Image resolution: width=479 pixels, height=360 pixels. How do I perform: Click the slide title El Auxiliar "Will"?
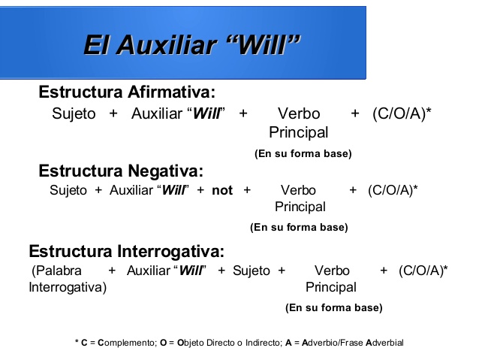click(x=191, y=44)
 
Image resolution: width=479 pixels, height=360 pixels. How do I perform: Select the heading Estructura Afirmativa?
click(x=127, y=92)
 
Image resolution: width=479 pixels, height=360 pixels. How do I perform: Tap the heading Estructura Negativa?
click(x=121, y=170)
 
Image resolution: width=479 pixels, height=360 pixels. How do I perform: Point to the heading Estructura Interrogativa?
click(x=126, y=251)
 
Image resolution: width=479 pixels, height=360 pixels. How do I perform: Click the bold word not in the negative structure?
click(x=222, y=190)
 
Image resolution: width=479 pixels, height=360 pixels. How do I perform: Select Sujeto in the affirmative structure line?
click(x=74, y=113)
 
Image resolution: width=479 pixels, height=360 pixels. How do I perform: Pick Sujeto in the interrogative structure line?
click(x=251, y=271)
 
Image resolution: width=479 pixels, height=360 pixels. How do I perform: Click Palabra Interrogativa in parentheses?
click(x=67, y=279)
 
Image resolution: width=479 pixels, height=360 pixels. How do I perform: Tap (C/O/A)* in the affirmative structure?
click(x=401, y=113)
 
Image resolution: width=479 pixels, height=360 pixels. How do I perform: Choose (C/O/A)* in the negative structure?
click(x=393, y=190)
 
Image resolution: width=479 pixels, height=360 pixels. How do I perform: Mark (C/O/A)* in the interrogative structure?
click(x=423, y=271)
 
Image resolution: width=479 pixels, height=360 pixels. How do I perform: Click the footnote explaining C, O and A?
click(x=239, y=343)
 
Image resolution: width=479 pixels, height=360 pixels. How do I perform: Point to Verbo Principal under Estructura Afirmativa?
click(x=299, y=123)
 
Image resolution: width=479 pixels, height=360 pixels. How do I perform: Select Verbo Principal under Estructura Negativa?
click(x=299, y=198)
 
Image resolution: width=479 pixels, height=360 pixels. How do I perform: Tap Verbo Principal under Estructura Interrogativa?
click(x=331, y=279)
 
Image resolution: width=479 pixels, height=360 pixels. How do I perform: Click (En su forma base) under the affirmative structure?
click(x=303, y=153)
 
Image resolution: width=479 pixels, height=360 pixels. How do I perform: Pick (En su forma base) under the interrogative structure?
click(x=333, y=307)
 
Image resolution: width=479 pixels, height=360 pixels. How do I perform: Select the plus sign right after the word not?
click(x=247, y=190)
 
